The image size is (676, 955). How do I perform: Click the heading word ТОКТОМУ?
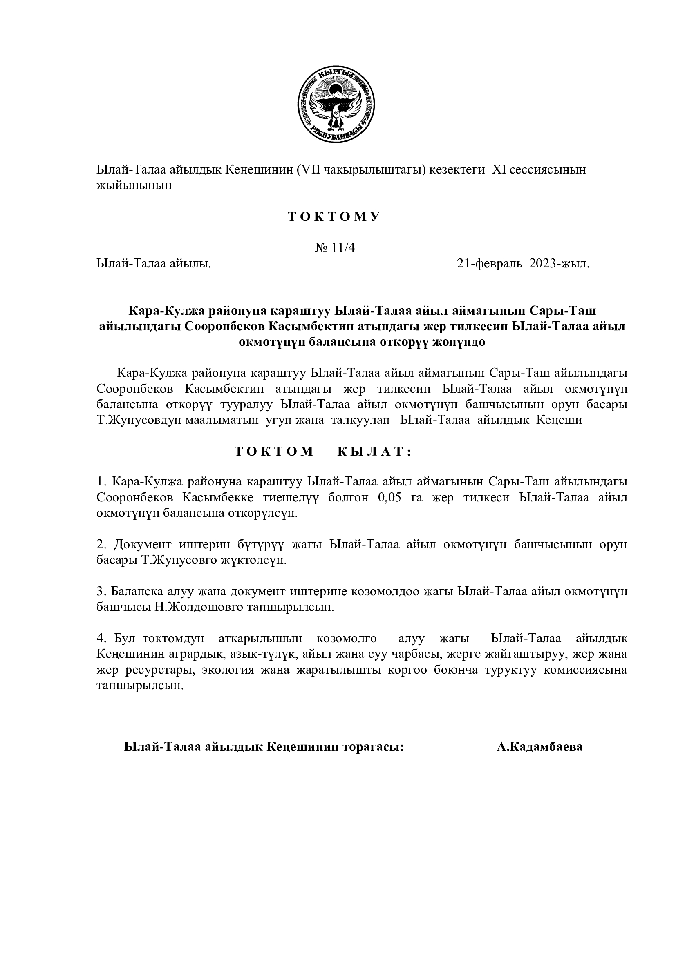click(x=334, y=217)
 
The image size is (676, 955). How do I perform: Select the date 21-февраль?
click(x=489, y=264)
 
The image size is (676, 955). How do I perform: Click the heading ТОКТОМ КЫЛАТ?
click(x=322, y=452)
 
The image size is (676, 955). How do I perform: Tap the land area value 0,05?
click(x=389, y=498)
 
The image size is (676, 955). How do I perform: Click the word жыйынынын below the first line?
click(x=134, y=185)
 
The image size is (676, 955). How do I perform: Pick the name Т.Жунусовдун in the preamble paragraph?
click(x=139, y=420)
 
